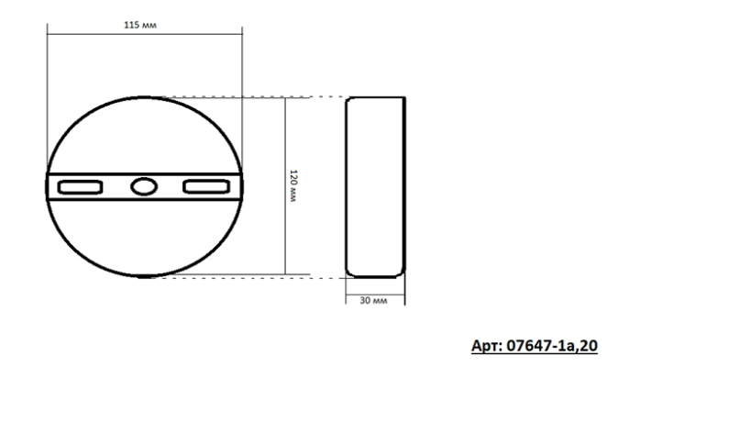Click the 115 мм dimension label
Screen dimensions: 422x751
coord(141,26)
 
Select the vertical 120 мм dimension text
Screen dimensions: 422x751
coord(293,186)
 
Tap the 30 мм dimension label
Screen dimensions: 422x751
coord(374,302)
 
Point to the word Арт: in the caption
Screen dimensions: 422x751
coord(489,347)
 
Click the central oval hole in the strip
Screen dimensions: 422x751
coord(142,187)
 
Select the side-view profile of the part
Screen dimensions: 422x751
coord(374,186)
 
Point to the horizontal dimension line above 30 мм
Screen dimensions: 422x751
coord(374,293)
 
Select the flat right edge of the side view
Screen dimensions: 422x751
coord(403,186)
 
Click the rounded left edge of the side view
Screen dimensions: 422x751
coord(346,186)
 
